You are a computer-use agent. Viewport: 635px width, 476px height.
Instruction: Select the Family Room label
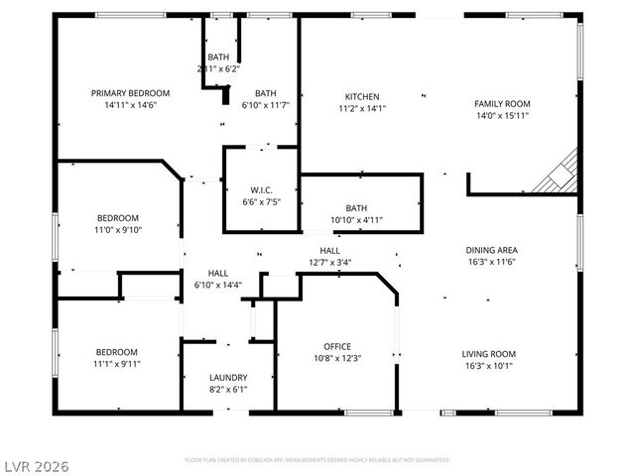(501, 103)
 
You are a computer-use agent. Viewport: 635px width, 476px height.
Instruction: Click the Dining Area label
(492, 250)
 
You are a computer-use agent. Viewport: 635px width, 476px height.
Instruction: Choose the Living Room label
(488, 353)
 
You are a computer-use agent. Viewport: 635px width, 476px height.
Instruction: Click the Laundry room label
(227, 378)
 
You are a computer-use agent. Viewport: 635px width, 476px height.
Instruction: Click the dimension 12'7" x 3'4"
(329, 263)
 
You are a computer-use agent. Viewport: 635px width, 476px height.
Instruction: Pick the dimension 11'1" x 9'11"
(117, 364)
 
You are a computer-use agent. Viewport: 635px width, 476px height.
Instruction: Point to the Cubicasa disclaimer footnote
(317, 460)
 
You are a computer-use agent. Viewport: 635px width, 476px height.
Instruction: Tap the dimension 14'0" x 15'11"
(501, 115)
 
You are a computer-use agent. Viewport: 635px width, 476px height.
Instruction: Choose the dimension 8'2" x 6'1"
(227, 390)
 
